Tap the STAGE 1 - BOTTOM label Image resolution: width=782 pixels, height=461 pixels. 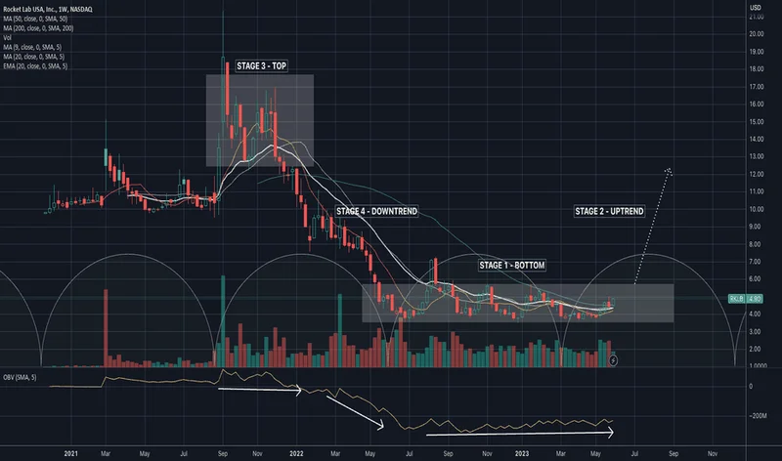[511, 266]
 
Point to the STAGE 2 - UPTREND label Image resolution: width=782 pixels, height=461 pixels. [611, 211]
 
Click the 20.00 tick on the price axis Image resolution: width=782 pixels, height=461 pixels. [756, 33]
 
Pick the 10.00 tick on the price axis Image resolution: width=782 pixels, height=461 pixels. [756, 209]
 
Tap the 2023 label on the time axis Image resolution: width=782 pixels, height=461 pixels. [522, 453]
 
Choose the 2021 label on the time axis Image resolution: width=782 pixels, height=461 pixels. [69, 453]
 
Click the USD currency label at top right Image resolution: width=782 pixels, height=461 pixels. [755, 9]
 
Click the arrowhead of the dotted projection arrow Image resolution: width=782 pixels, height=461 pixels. [669, 171]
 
